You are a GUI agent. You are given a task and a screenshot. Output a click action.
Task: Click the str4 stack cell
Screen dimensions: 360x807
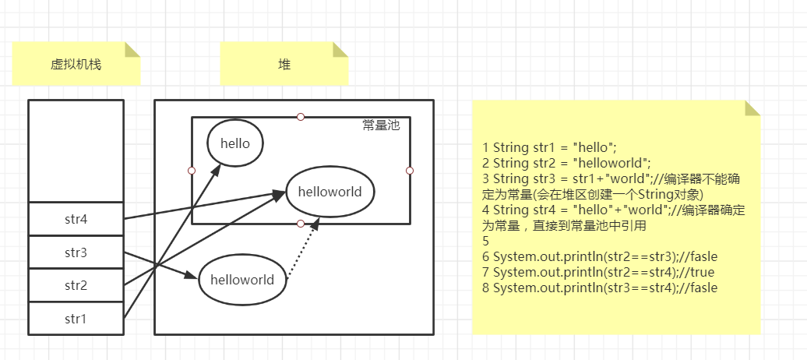76,219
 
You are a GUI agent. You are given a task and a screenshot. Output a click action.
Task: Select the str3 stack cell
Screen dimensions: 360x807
76,252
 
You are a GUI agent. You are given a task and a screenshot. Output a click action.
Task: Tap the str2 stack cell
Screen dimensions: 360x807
76,285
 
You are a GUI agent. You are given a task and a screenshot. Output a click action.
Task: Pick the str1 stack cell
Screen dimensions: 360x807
76,318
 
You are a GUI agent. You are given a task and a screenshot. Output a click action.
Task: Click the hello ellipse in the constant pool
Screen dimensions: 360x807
234,143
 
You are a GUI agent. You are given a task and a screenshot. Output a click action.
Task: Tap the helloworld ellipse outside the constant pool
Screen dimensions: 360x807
242,279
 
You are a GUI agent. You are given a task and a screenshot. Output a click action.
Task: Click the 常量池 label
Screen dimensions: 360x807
381,125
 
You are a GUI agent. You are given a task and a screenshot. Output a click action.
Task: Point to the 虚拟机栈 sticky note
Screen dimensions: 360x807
76,64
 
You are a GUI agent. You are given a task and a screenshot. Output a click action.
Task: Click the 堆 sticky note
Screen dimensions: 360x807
284,64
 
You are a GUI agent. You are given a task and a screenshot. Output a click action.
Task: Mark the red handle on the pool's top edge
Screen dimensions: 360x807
301,117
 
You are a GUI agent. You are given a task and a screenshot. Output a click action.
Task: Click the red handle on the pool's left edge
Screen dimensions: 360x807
192,170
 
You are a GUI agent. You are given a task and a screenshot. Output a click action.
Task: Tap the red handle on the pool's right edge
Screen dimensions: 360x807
410,170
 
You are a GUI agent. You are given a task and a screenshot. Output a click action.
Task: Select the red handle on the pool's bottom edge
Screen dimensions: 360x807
301,224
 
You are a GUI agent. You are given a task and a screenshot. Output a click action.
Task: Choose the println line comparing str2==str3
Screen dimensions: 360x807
600,256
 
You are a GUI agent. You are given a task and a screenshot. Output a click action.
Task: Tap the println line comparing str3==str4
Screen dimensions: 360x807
600,288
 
